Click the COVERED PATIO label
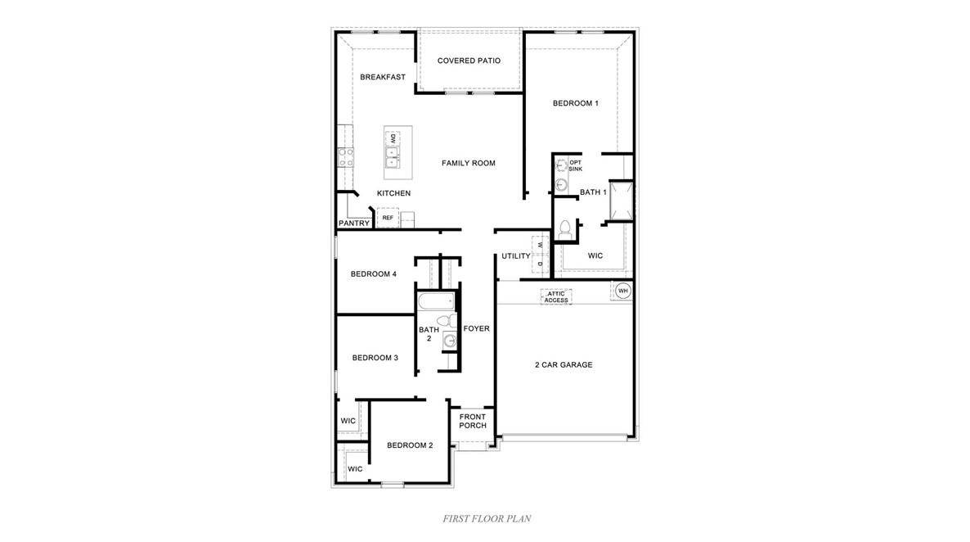(x=469, y=61)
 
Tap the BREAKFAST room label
(x=383, y=77)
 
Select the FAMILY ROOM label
(x=469, y=163)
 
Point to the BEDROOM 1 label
(x=576, y=103)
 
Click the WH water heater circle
(x=622, y=291)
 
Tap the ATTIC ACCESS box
(x=556, y=296)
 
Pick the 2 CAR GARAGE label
(x=564, y=364)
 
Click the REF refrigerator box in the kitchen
(x=388, y=218)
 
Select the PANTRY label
(x=354, y=223)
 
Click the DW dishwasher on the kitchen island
(x=393, y=138)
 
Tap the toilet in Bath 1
(x=564, y=232)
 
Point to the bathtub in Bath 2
(x=435, y=302)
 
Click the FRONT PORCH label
(x=473, y=421)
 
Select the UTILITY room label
(x=516, y=256)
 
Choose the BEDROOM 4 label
(x=374, y=273)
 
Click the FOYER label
(x=476, y=328)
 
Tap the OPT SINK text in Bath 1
(x=576, y=165)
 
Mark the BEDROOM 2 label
(x=410, y=445)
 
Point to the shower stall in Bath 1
(x=622, y=201)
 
